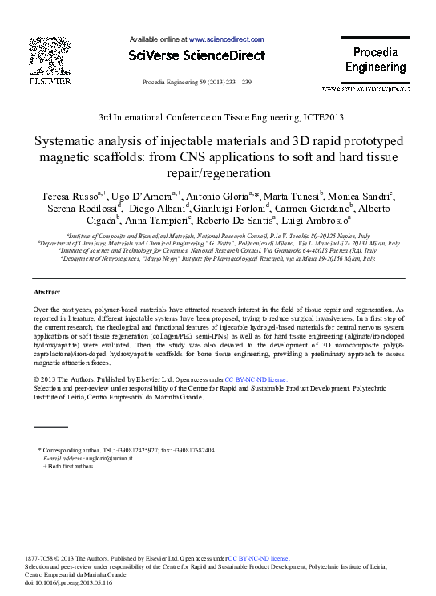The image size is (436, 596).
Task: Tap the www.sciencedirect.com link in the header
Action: (226, 39)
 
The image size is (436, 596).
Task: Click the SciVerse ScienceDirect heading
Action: (196, 55)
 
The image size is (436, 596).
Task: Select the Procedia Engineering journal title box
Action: (375, 60)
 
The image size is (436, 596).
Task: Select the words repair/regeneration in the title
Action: (218, 172)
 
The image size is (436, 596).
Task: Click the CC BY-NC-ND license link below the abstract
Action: (255, 379)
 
